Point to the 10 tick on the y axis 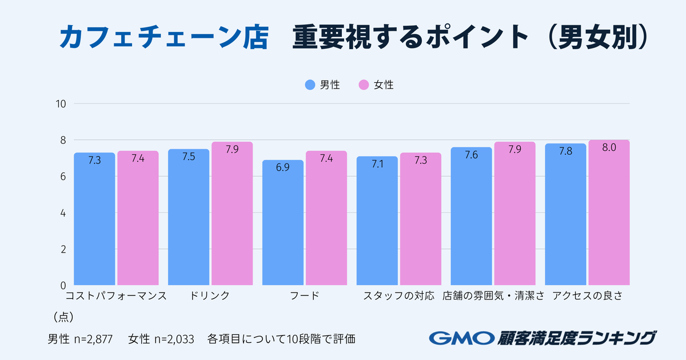pos(61,104)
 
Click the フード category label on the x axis pos(304,296)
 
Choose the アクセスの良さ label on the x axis pos(588,296)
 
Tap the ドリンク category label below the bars pos(210,296)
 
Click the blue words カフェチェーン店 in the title pos(163,38)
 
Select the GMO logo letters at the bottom pos(461,338)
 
